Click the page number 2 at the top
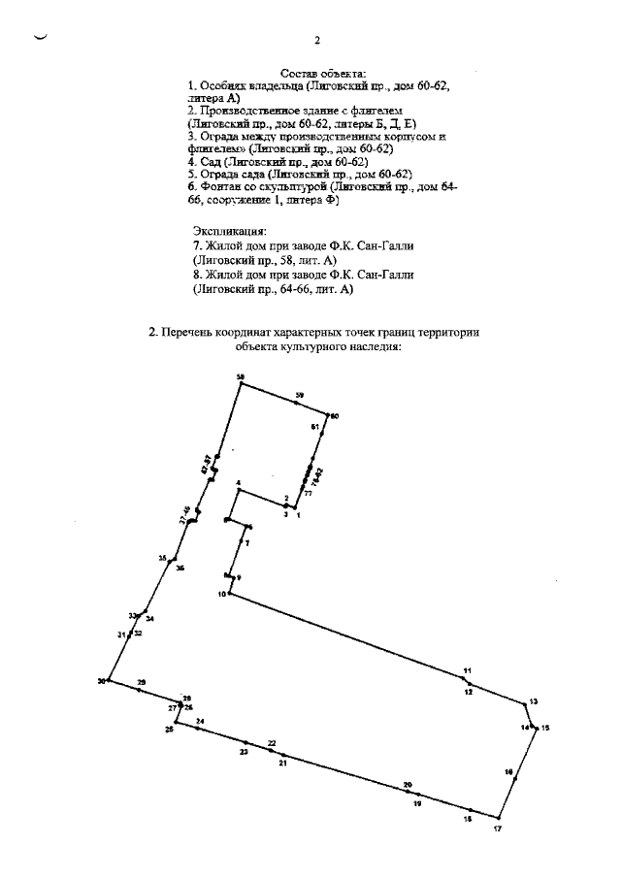pyautogui.click(x=317, y=41)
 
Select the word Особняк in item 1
pyautogui.click(x=224, y=86)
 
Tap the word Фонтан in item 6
pyautogui.click(x=219, y=185)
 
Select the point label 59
pyautogui.click(x=300, y=395)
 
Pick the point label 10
pyautogui.click(x=221, y=594)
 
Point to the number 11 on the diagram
pyautogui.click(x=467, y=671)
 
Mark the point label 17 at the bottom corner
pyautogui.click(x=498, y=828)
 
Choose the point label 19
pyautogui.click(x=417, y=804)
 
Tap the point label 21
pyautogui.click(x=282, y=764)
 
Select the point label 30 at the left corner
pyautogui.click(x=101, y=681)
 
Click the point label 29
pyautogui.click(x=141, y=683)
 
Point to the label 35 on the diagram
pyautogui.click(x=163, y=558)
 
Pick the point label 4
pyautogui.click(x=238, y=483)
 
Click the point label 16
pyautogui.click(x=508, y=771)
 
